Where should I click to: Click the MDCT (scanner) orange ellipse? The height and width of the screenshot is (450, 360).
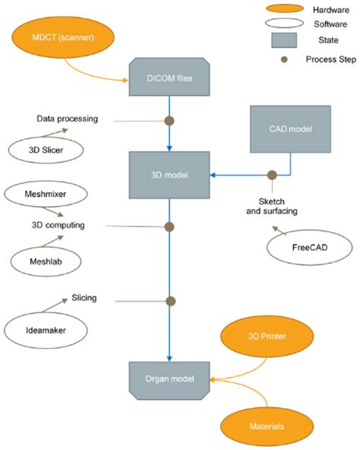click(x=63, y=37)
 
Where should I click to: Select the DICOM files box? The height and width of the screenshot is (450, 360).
click(x=169, y=77)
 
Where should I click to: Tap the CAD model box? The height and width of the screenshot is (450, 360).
click(x=290, y=129)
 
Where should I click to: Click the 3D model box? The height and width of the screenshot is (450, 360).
click(x=169, y=175)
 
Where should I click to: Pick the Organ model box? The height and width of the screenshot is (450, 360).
click(x=169, y=381)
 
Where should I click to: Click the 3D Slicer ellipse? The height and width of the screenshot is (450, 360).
click(x=46, y=150)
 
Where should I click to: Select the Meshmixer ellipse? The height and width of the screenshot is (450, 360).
click(x=46, y=194)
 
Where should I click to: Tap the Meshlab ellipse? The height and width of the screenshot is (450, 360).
click(x=46, y=261)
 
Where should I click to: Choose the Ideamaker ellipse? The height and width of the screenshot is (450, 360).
click(x=46, y=331)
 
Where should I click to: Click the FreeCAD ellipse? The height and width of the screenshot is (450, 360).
click(x=310, y=247)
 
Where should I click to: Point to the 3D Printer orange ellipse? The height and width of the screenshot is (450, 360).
click(x=267, y=336)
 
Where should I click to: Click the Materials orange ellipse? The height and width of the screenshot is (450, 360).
click(x=267, y=426)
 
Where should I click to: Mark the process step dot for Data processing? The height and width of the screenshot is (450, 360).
click(x=169, y=121)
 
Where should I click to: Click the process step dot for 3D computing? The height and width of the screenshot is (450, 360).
click(x=169, y=227)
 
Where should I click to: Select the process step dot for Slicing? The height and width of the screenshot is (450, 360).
click(x=171, y=301)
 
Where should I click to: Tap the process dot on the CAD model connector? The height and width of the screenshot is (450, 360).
click(x=272, y=175)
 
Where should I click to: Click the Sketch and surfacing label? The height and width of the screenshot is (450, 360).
click(x=272, y=206)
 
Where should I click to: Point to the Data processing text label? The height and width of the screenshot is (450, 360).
click(x=68, y=119)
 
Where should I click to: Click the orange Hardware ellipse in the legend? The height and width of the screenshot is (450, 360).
click(x=285, y=8)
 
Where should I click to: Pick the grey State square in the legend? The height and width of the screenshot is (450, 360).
click(x=284, y=40)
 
